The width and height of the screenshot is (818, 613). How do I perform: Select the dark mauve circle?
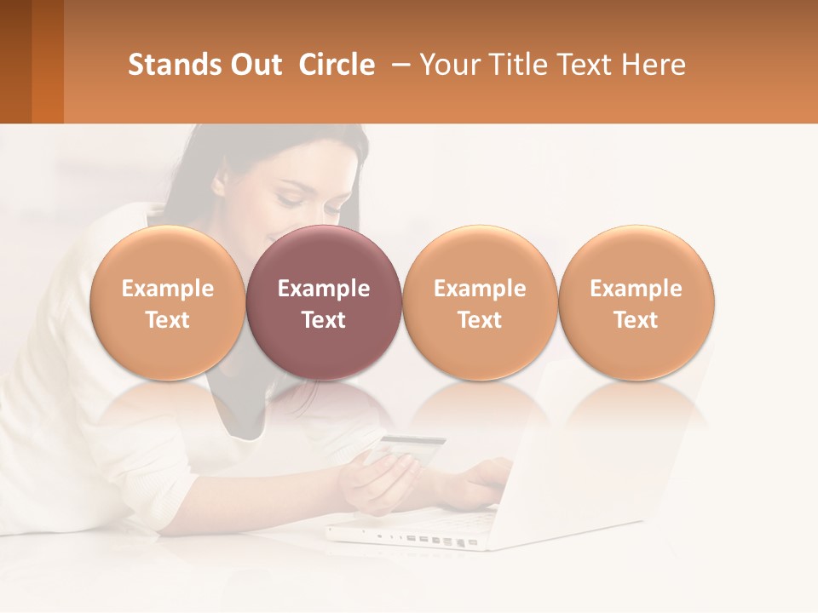[324, 302]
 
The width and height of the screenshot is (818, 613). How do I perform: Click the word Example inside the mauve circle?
[324, 289]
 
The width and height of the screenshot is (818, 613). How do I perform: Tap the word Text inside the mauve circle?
[324, 320]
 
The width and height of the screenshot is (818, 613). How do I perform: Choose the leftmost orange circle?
[168, 302]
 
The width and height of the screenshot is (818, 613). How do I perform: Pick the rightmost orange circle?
[637, 302]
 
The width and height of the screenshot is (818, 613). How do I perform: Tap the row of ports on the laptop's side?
[426, 539]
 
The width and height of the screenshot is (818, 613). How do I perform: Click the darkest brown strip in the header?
[15, 61]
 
